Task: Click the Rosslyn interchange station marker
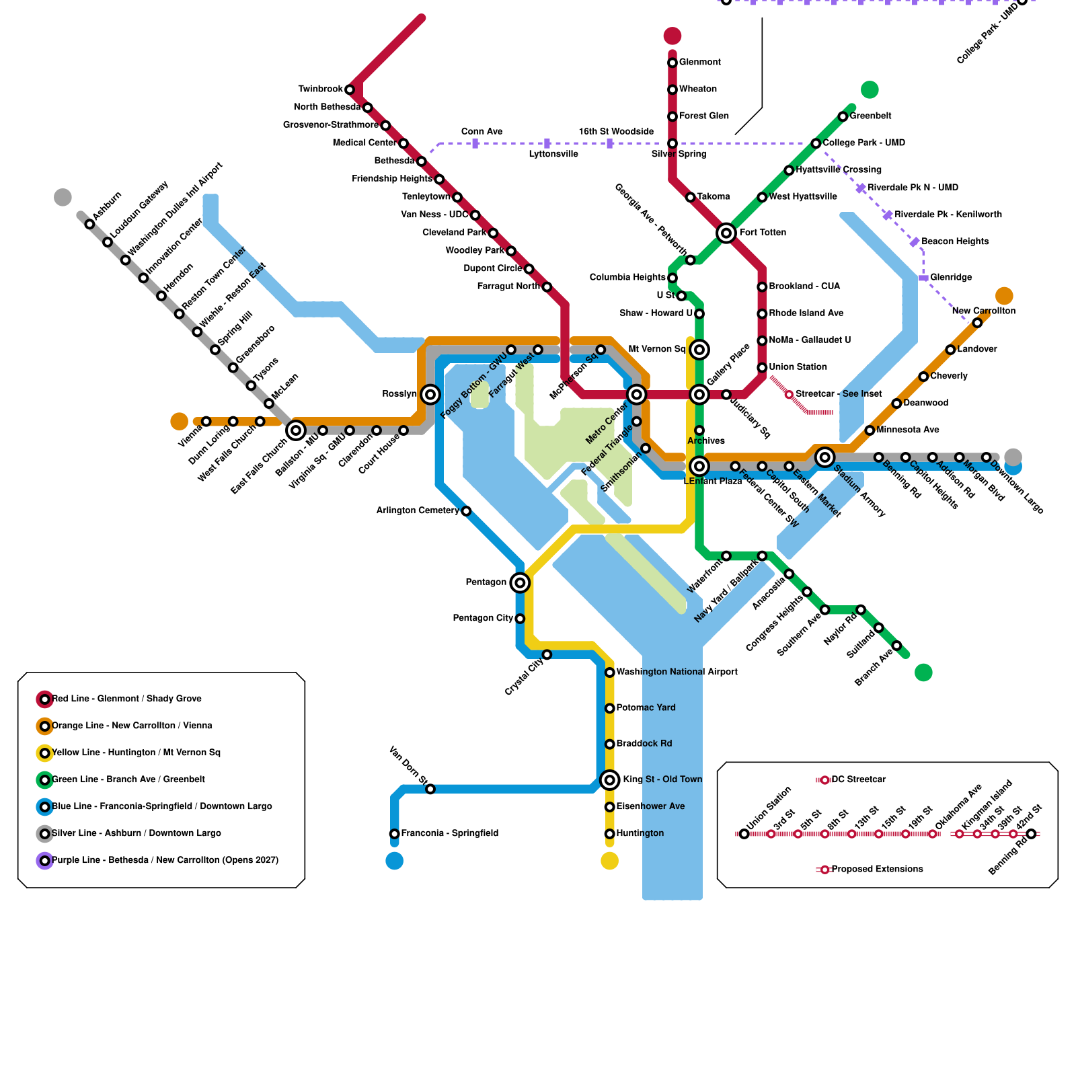point(430,395)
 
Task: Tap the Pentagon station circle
point(520,582)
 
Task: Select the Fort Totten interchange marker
point(726,233)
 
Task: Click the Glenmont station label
point(699,62)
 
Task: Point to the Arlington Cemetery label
point(418,510)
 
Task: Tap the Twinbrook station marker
point(350,89)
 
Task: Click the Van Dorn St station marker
point(430,789)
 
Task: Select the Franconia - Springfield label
point(450,833)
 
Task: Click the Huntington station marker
point(610,834)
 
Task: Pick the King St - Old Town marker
point(610,780)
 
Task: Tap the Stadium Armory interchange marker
point(825,457)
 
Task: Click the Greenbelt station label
point(870,116)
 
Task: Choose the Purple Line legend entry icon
point(44,860)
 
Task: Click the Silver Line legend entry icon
point(44,834)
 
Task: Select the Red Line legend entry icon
point(44,699)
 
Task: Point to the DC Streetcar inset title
point(858,779)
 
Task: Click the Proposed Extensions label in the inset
point(877,869)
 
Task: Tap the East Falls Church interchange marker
point(296,430)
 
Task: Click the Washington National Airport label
point(677,672)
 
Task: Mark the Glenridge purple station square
point(924,278)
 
